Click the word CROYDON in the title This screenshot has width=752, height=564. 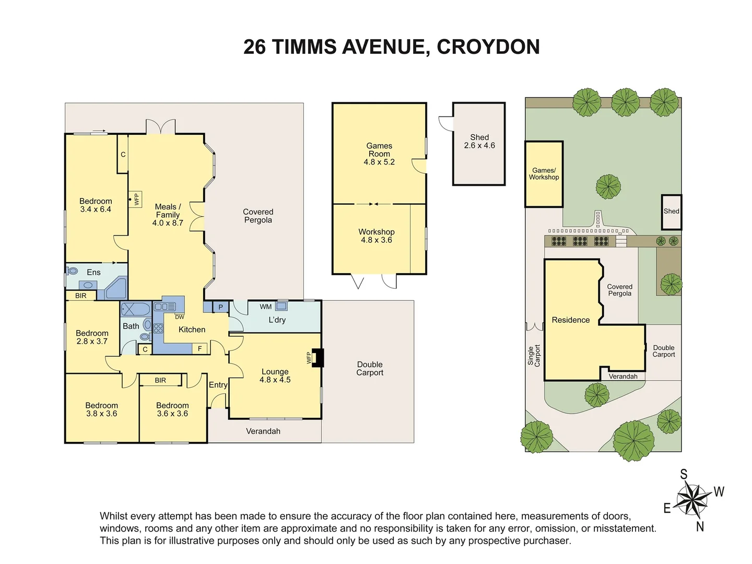coord(488,47)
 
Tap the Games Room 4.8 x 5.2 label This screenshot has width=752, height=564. coord(379,154)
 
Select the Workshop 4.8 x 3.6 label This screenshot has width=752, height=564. coord(377,236)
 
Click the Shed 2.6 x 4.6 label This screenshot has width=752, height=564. coord(479,142)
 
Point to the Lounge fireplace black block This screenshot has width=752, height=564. coord(318,358)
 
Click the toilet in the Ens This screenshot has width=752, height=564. coord(72,271)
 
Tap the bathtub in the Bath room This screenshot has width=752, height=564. coord(136,309)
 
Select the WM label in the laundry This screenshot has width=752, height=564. coord(266,307)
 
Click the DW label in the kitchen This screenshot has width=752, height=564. coord(179,317)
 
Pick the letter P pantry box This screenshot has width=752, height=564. coord(221,307)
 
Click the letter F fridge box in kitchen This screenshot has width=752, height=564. coord(199,349)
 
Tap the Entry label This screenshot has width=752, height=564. coord(218,385)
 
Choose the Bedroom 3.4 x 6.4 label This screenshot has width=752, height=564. coord(96,205)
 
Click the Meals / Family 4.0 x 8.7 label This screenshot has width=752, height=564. coord(168,215)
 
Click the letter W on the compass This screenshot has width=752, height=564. coord(719,491)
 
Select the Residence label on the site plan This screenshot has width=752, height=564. coord(571,320)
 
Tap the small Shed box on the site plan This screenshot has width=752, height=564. coord(672,211)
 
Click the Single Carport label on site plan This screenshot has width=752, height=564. coord(534,355)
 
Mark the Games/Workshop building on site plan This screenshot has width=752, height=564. coord(544,174)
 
